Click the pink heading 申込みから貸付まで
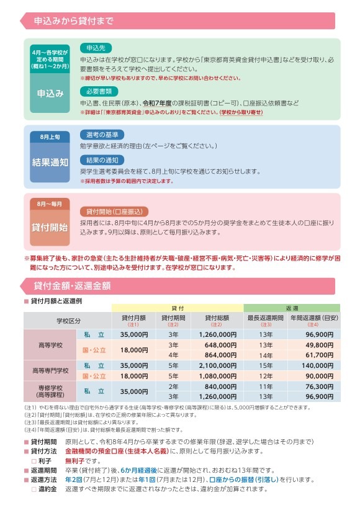point(75,22)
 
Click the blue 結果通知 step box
point(50,162)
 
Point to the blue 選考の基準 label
point(102,135)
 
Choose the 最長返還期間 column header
point(265,320)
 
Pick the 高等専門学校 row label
point(52,370)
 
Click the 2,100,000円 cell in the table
point(216,365)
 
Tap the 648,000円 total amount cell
point(216,344)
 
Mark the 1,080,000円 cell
point(216,376)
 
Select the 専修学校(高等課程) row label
point(52,391)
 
